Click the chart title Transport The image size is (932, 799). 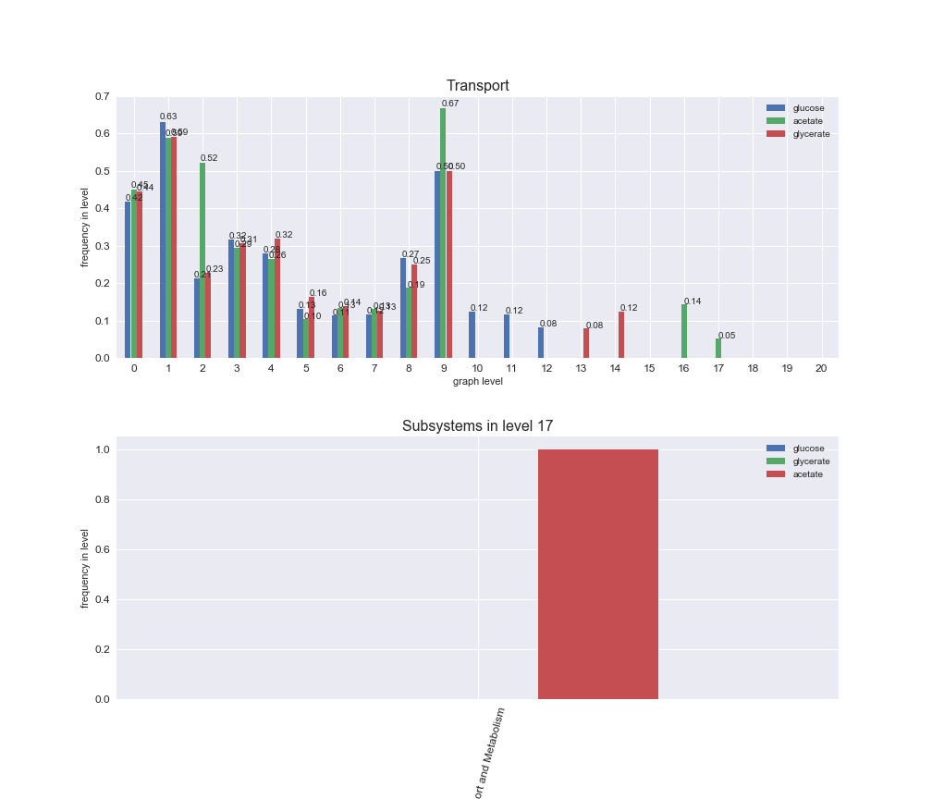(477, 86)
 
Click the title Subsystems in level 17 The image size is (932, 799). (477, 426)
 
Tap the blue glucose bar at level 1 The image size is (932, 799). (163, 240)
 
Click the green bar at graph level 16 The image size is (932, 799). (684, 331)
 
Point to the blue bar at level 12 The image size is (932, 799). (541, 342)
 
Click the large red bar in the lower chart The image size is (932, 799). (597, 574)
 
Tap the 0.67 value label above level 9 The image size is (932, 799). (450, 104)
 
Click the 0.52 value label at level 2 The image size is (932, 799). (209, 158)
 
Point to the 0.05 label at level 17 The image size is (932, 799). (727, 336)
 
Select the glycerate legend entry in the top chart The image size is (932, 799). (811, 134)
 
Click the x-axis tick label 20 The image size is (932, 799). (821, 368)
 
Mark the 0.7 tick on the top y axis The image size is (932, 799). (102, 97)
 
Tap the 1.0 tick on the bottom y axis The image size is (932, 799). (102, 449)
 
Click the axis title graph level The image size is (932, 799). (477, 381)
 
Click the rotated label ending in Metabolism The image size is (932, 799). (490, 751)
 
